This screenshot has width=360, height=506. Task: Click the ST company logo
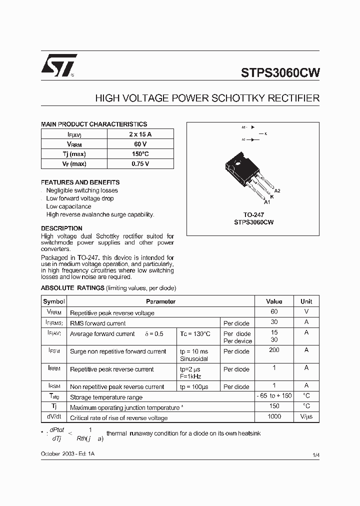(58, 65)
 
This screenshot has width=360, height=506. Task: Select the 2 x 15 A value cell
(140, 134)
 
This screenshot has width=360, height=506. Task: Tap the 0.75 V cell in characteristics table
(140, 163)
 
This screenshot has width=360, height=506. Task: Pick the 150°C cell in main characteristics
(140, 154)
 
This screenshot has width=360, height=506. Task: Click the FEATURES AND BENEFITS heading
(80, 182)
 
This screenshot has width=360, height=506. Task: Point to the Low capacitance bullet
(68, 206)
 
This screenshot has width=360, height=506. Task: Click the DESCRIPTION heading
(61, 228)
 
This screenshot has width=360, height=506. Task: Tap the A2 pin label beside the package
(277, 191)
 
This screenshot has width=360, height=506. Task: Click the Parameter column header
(160, 301)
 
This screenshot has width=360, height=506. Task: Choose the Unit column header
(306, 301)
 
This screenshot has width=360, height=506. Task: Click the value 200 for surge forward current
(274, 350)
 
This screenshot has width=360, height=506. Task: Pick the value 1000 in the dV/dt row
(274, 416)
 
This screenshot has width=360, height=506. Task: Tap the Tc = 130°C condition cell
(195, 334)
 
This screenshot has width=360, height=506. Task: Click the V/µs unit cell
(306, 417)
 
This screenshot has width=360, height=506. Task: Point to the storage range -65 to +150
(274, 396)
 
